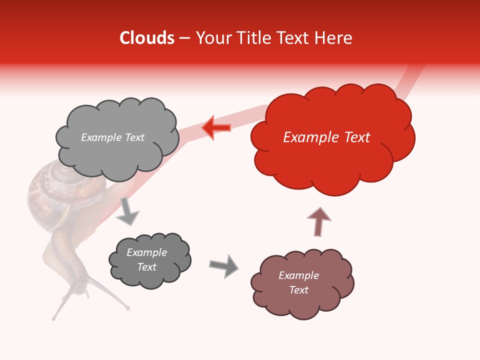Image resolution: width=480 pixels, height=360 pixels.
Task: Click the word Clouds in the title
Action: [147, 38]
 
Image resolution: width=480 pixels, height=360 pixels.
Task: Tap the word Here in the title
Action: [334, 38]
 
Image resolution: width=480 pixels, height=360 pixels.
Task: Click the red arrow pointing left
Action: [216, 128]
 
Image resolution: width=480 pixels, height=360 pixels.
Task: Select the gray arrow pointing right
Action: [224, 266]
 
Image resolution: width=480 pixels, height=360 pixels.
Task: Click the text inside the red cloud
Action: [326, 137]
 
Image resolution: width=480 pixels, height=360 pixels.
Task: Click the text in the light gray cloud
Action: [112, 137]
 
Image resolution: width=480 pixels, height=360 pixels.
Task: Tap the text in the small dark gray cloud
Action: [146, 259]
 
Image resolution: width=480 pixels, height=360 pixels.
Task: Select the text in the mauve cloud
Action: [298, 282]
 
